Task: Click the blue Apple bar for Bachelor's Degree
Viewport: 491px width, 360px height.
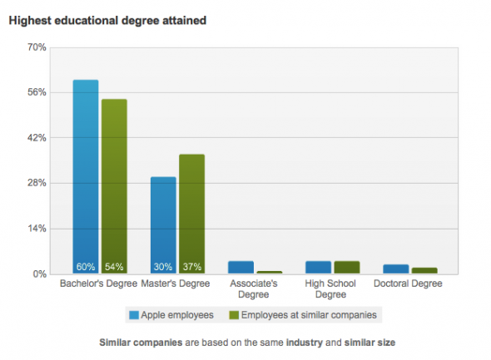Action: coord(86,175)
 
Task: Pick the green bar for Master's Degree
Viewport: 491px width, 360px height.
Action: coord(191,212)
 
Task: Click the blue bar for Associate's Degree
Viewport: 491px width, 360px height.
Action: coord(241,267)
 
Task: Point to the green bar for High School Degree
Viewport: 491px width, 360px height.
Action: coord(347,267)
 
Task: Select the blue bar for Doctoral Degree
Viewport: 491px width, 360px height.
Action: coord(396,269)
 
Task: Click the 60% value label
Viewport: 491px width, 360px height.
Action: coord(86,267)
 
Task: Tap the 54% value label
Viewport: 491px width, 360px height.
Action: coord(114,267)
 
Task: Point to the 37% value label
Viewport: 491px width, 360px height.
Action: coord(191,267)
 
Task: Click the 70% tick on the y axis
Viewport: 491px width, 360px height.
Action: coord(37,47)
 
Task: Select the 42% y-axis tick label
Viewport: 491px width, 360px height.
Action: coord(37,138)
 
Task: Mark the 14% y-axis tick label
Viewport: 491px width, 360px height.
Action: coord(37,229)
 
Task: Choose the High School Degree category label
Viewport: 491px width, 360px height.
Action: coord(330,288)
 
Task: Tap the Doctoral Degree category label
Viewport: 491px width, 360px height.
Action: coord(409,284)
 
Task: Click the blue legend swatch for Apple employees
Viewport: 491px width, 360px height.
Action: coord(133,315)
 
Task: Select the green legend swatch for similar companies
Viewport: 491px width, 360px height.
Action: coord(234,315)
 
